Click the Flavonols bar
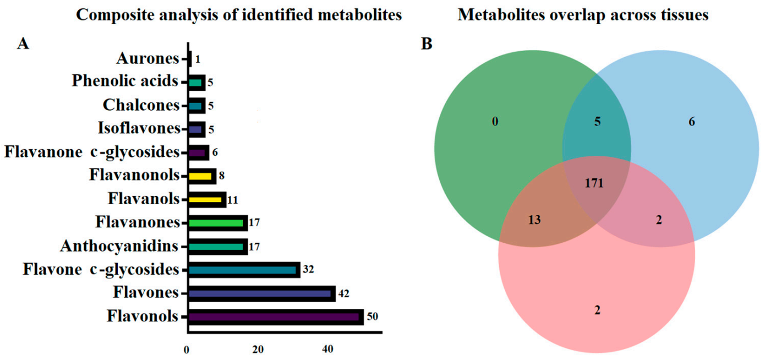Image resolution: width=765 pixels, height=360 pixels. [275, 317]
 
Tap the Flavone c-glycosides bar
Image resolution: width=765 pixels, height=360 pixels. [244, 270]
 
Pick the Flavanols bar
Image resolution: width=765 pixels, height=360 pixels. [207, 199]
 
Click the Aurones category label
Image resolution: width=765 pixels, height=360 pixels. [148, 58]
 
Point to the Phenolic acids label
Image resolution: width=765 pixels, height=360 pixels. [125, 81]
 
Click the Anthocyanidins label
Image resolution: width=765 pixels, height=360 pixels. [120, 246]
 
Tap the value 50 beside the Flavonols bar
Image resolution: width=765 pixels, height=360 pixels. [373, 317]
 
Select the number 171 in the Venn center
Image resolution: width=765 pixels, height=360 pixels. [595, 183]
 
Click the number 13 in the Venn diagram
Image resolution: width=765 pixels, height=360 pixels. [534, 220]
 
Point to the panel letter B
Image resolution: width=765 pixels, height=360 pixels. [427, 45]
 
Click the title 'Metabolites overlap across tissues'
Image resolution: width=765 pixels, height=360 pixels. [583, 15]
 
